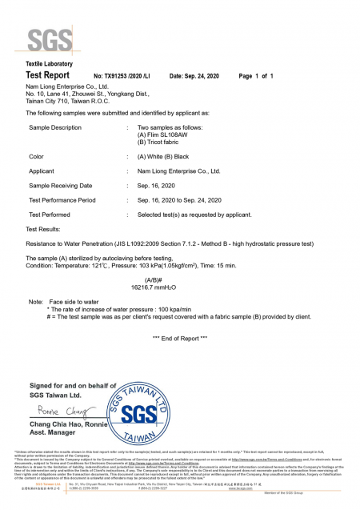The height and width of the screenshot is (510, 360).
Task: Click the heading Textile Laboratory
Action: [50, 63]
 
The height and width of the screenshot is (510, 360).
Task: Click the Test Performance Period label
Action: [62, 199]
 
